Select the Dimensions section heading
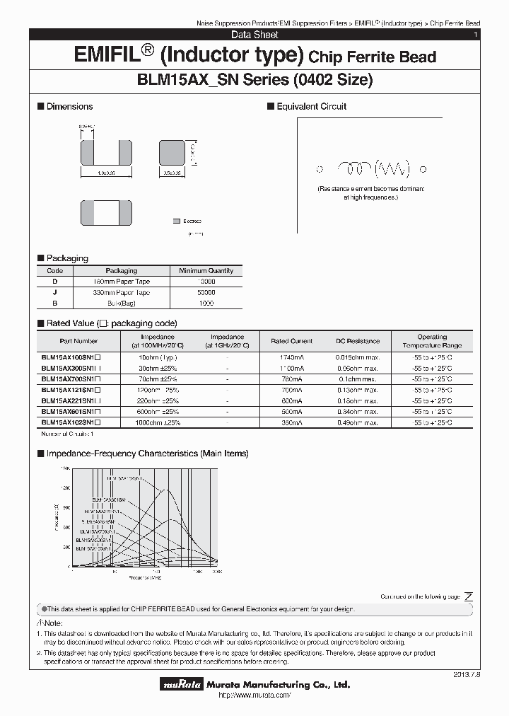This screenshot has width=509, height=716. (69, 106)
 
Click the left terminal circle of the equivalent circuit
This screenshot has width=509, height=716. (320, 169)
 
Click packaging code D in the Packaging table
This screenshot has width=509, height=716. (54, 282)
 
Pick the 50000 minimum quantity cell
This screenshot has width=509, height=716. (206, 292)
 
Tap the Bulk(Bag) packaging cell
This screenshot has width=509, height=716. (122, 303)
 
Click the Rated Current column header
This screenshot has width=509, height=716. (291, 341)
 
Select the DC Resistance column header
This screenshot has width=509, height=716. (357, 341)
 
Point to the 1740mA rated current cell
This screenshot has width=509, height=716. (291, 357)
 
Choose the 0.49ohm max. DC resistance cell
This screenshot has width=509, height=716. (357, 422)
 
